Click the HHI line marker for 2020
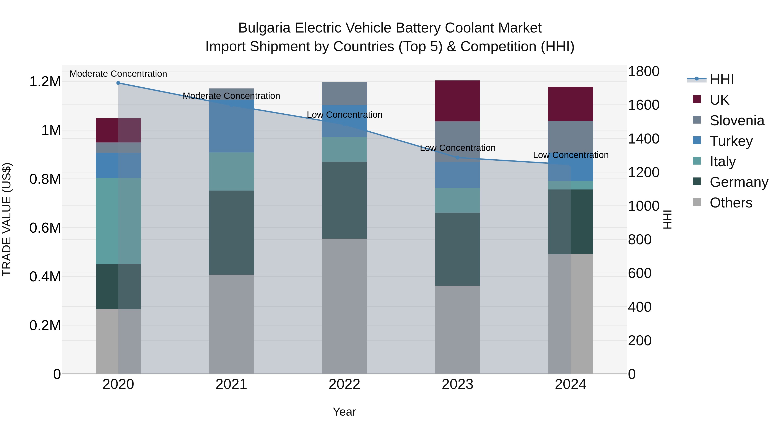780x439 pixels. tap(118, 83)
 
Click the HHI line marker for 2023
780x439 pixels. tap(458, 158)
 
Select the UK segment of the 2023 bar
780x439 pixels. tap(458, 101)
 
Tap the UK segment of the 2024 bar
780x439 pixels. tap(570, 104)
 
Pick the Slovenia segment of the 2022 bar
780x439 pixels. tap(344, 93)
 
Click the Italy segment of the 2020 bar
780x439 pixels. tap(118, 221)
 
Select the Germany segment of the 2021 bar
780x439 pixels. tap(231, 232)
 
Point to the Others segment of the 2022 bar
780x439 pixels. tap(344, 306)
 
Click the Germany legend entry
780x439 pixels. tap(739, 182)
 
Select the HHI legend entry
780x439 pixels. tap(721, 79)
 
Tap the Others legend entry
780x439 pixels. tap(731, 203)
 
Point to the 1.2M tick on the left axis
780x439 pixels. tap(45, 82)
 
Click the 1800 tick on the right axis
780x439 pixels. tap(643, 72)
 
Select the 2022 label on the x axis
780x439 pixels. tap(344, 384)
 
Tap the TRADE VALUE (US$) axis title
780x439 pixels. tap(7, 219)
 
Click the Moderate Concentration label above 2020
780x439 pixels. tap(118, 74)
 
